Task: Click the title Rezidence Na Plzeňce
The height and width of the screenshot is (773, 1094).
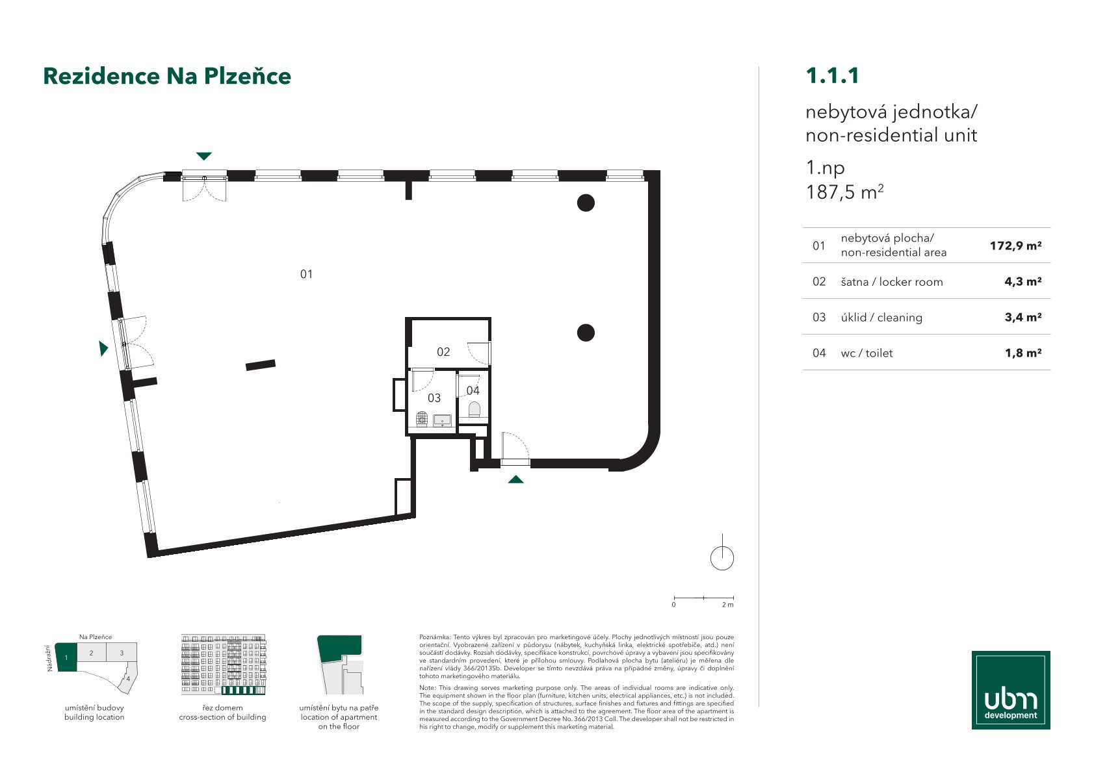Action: [167, 76]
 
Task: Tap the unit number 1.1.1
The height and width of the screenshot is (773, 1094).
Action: [832, 75]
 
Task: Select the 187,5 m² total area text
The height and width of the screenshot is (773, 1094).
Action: [844, 192]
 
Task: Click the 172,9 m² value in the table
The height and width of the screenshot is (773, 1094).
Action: [1015, 246]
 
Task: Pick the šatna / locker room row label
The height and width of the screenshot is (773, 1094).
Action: [891, 281]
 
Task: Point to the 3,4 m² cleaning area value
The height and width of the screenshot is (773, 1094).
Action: [1022, 317]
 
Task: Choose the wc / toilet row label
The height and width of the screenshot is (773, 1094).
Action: [866, 353]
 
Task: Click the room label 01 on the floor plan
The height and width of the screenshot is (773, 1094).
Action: [306, 274]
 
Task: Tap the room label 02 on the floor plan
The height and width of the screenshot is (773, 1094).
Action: [443, 352]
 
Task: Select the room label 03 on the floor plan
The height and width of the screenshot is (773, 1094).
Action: [434, 398]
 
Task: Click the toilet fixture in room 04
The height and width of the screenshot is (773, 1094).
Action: [475, 409]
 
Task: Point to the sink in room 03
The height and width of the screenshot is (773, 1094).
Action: [442, 420]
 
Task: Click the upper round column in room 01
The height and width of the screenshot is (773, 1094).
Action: [586, 203]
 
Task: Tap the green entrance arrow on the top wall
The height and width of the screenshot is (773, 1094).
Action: [203, 156]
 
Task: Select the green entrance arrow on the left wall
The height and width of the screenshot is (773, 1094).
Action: [103, 348]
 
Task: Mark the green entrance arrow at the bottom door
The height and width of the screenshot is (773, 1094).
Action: [515, 479]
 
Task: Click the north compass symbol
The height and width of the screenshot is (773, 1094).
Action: [722, 553]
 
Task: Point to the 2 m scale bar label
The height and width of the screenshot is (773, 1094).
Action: [727, 605]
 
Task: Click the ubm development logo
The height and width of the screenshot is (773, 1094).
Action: [1011, 690]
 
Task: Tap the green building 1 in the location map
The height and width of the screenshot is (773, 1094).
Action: [66, 657]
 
